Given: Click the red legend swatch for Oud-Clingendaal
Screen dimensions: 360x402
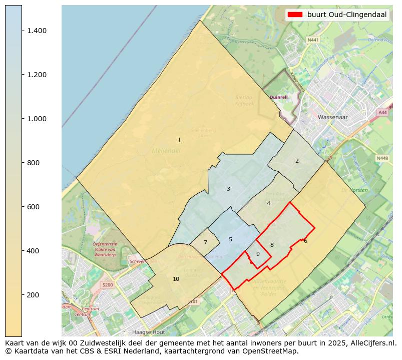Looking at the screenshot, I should [295, 15].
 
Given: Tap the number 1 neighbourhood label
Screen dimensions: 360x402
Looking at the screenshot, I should [179, 140].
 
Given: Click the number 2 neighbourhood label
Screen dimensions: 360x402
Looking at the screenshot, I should [297, 161].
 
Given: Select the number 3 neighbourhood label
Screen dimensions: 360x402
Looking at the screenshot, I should [228, 189].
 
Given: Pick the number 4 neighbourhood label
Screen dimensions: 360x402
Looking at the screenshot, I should [268, 203].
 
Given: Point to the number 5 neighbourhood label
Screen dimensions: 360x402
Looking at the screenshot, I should [230, 239].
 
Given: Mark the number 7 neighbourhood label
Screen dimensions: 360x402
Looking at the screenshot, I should [205, 242].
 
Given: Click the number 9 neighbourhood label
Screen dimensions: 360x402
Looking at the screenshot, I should [258, 254].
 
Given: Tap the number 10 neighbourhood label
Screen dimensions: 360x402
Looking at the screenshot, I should [176, 279].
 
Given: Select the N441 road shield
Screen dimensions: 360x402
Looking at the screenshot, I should [313, 40].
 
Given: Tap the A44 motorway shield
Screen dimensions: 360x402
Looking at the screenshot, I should [382, 113].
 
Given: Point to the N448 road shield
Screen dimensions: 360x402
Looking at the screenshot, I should [381, 158].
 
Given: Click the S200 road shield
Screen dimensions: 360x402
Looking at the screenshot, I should [108, 284].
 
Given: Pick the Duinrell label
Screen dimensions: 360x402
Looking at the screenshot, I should [278, 97].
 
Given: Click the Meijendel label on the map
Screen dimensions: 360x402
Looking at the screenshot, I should [165, 150].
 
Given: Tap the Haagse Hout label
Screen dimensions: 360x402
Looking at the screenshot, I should [148, 331].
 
